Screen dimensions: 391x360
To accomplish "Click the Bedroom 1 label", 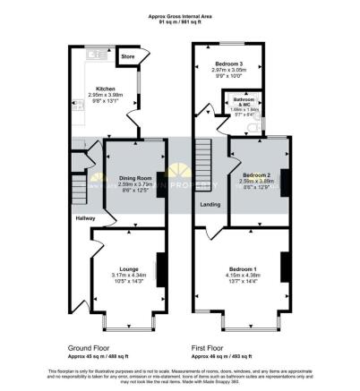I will (x=242, y=268).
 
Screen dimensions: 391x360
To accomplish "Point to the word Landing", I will (x=209, y=204).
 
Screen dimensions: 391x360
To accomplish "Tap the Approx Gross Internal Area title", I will (x=180, y=15).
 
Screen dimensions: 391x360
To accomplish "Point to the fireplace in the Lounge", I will (x=160, y=268).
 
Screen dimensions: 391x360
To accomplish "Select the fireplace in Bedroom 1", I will (x=284, y=268).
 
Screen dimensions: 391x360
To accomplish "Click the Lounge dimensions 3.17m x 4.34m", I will (x=124, y=275).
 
